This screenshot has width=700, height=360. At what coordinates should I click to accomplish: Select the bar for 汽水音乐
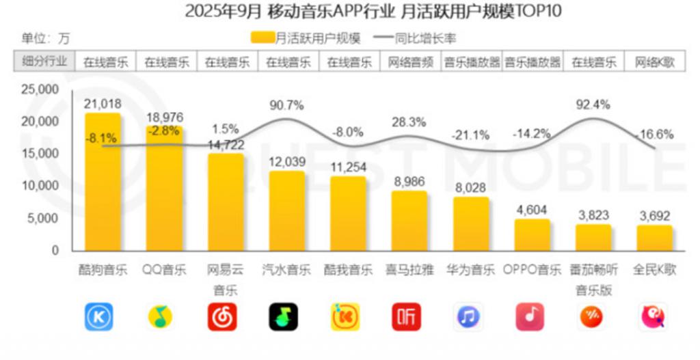pos(287,211)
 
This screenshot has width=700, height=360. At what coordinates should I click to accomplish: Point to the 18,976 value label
pos(164,117)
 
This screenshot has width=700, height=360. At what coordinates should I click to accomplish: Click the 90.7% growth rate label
pos(287,105)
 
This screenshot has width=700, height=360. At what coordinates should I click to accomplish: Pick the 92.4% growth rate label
pos(593,105)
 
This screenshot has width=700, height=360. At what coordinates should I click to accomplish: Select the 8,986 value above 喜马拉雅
pos(409,181)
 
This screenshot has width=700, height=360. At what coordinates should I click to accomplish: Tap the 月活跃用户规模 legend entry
pos(306,38)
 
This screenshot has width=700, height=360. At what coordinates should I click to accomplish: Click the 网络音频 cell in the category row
pos(410,62)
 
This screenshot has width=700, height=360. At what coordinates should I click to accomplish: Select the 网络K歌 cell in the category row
pos(655,62)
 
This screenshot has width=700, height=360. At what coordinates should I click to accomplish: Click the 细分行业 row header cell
pos(44,61)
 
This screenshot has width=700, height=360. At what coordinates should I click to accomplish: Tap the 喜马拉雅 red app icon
pos(407,316)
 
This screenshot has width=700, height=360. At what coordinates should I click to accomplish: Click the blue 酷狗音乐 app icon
pos(99,316)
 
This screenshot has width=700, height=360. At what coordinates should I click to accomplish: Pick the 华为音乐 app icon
pos(468,316)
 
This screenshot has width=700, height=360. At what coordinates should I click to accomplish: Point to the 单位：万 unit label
pos(46,38)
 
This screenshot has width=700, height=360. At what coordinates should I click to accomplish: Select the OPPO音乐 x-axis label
pos(532,269)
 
